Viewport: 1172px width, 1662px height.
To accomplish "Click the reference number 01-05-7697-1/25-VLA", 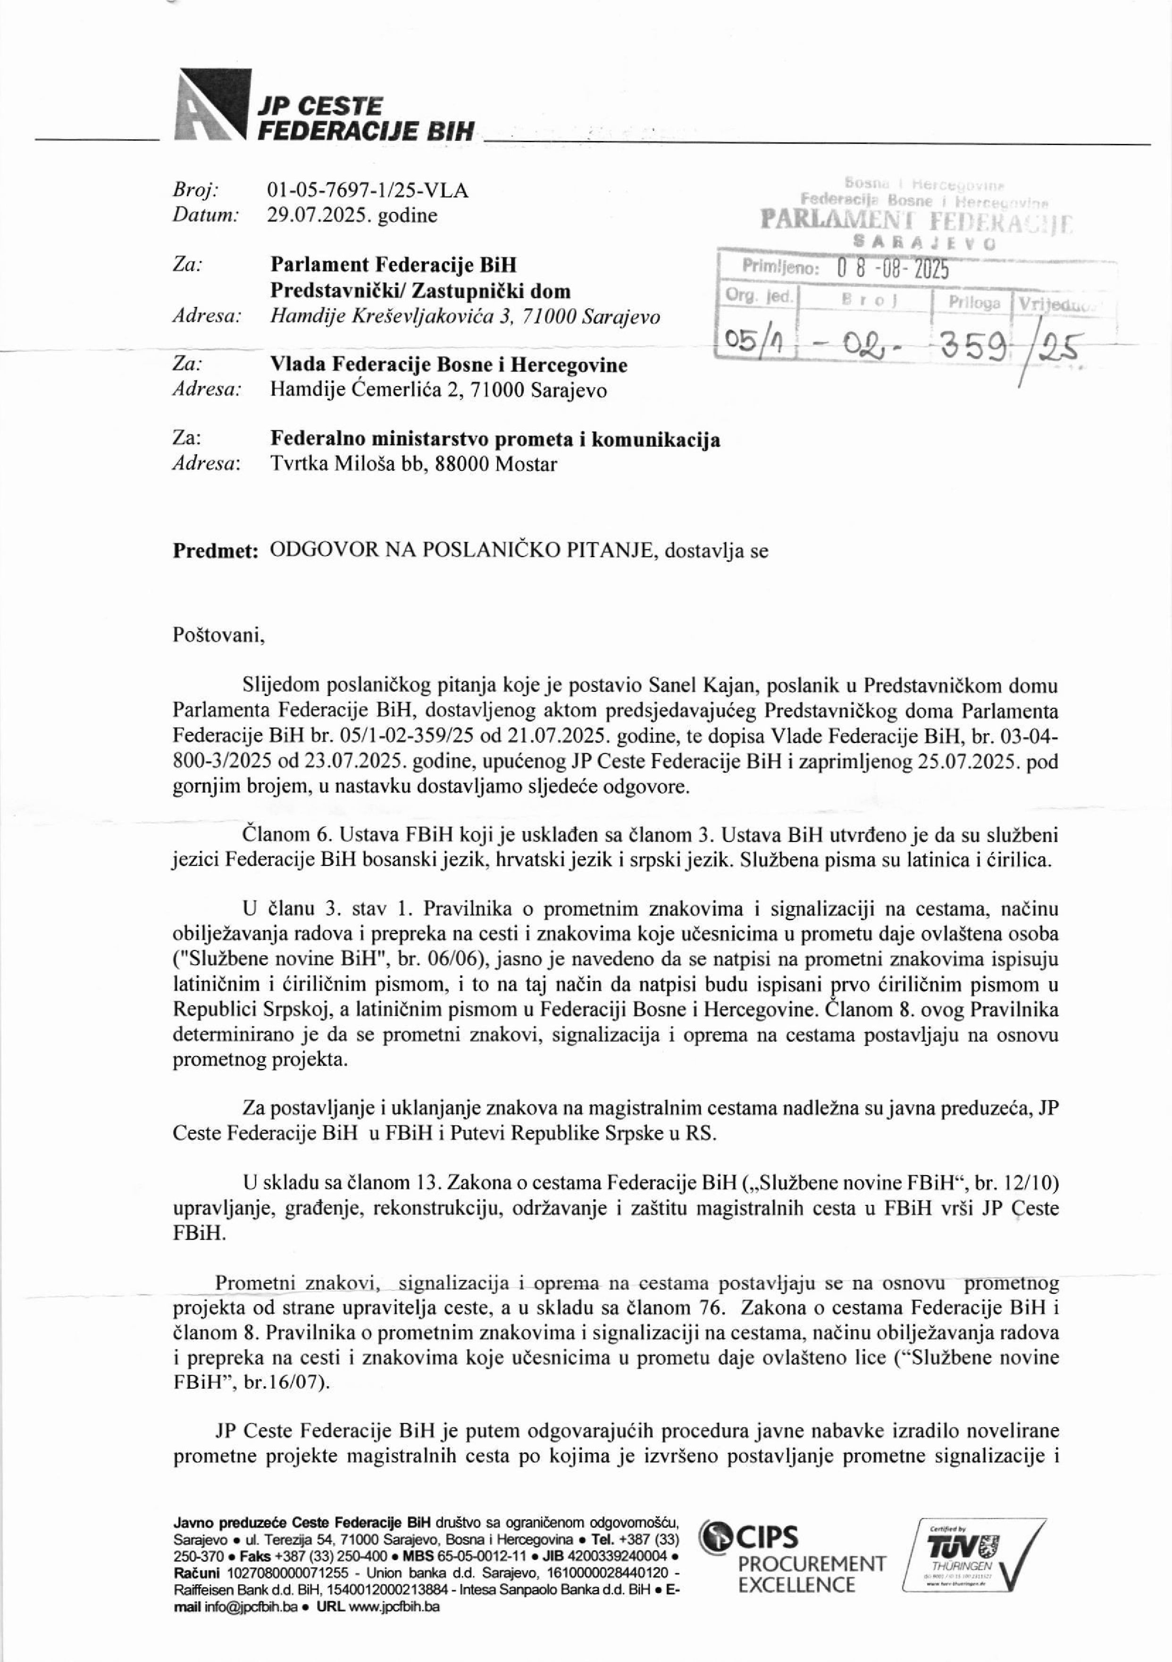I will tap(368, 190).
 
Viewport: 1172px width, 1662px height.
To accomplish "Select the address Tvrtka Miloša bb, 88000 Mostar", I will tap(413, 464).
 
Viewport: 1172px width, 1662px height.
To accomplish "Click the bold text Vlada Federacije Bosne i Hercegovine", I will tap(449, 365).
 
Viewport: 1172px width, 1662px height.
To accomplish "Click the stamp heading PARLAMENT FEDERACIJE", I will tap(915, 220).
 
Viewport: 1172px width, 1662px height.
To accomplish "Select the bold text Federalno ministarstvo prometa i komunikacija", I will tap(495, 440).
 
